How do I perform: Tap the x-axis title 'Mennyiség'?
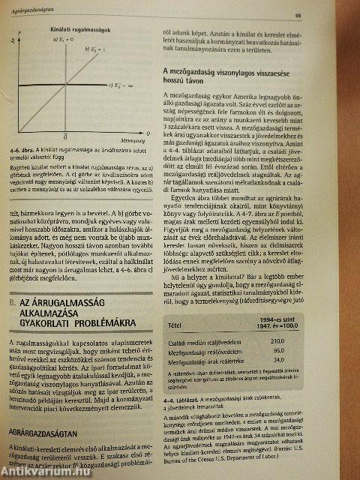pos(133,140)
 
